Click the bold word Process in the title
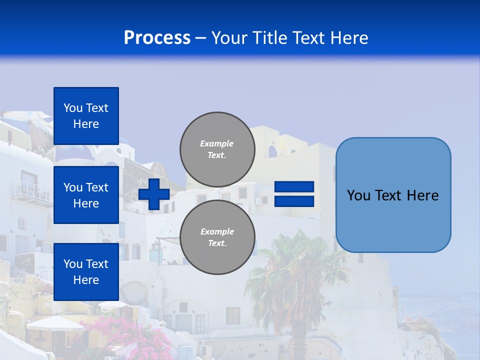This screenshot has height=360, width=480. [157, 38]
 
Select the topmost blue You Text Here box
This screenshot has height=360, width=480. [86, 116]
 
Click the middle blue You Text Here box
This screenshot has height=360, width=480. [86, 195]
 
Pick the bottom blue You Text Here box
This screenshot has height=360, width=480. [86, 271]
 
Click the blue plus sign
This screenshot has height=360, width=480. [153, 194]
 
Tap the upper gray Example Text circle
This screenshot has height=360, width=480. [217, 149]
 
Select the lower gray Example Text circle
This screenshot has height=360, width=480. [217, 237]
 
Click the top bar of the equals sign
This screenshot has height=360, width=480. [294, 187]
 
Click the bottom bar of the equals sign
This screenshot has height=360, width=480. [294, 201]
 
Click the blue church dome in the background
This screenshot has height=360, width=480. [75, 152]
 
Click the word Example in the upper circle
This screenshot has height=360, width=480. [217, 143]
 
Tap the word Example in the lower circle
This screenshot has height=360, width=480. [217, 231]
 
